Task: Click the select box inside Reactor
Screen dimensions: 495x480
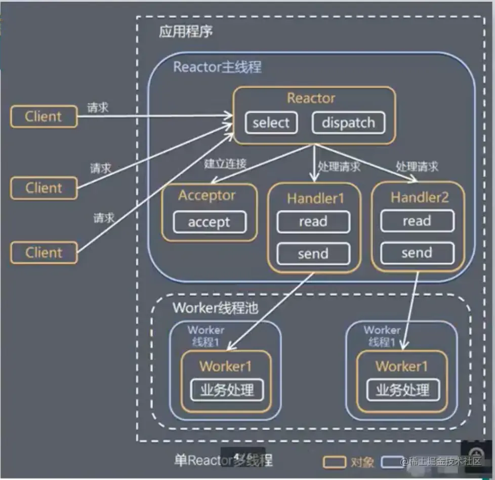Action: coord(271,123)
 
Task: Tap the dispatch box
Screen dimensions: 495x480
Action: coord(348,123)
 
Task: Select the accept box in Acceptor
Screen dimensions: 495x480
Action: coord(210,222)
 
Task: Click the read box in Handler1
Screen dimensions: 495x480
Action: coord(313,222)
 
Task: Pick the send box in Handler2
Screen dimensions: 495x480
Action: coord(418,253)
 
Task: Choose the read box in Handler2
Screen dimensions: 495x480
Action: coord(418,221)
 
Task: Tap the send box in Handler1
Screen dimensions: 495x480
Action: coord(313,254)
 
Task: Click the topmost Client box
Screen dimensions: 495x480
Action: coord(44,116)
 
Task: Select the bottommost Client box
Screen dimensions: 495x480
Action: coord(44,253)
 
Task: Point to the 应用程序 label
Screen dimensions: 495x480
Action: coord(186,31)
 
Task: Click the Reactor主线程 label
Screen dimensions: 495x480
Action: coord(218,67)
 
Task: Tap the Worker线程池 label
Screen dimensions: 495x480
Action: coord(216,308)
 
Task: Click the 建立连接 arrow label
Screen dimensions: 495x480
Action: coord(225,164)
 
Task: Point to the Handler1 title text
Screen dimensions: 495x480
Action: coord(315,198)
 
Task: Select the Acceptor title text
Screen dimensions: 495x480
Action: coord(207,195)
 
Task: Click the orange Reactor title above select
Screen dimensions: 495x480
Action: coord(311,98)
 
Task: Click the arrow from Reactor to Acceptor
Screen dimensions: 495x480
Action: coord(262,164)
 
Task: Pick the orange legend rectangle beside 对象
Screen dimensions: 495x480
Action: coord(335,462)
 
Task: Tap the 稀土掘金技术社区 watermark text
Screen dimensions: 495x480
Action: coord(441,462)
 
